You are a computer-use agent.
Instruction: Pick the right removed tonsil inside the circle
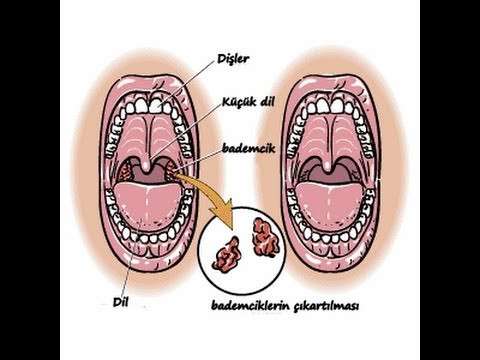(x=269, y=237)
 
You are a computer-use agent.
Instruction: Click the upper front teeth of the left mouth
(x=151, y=102)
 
